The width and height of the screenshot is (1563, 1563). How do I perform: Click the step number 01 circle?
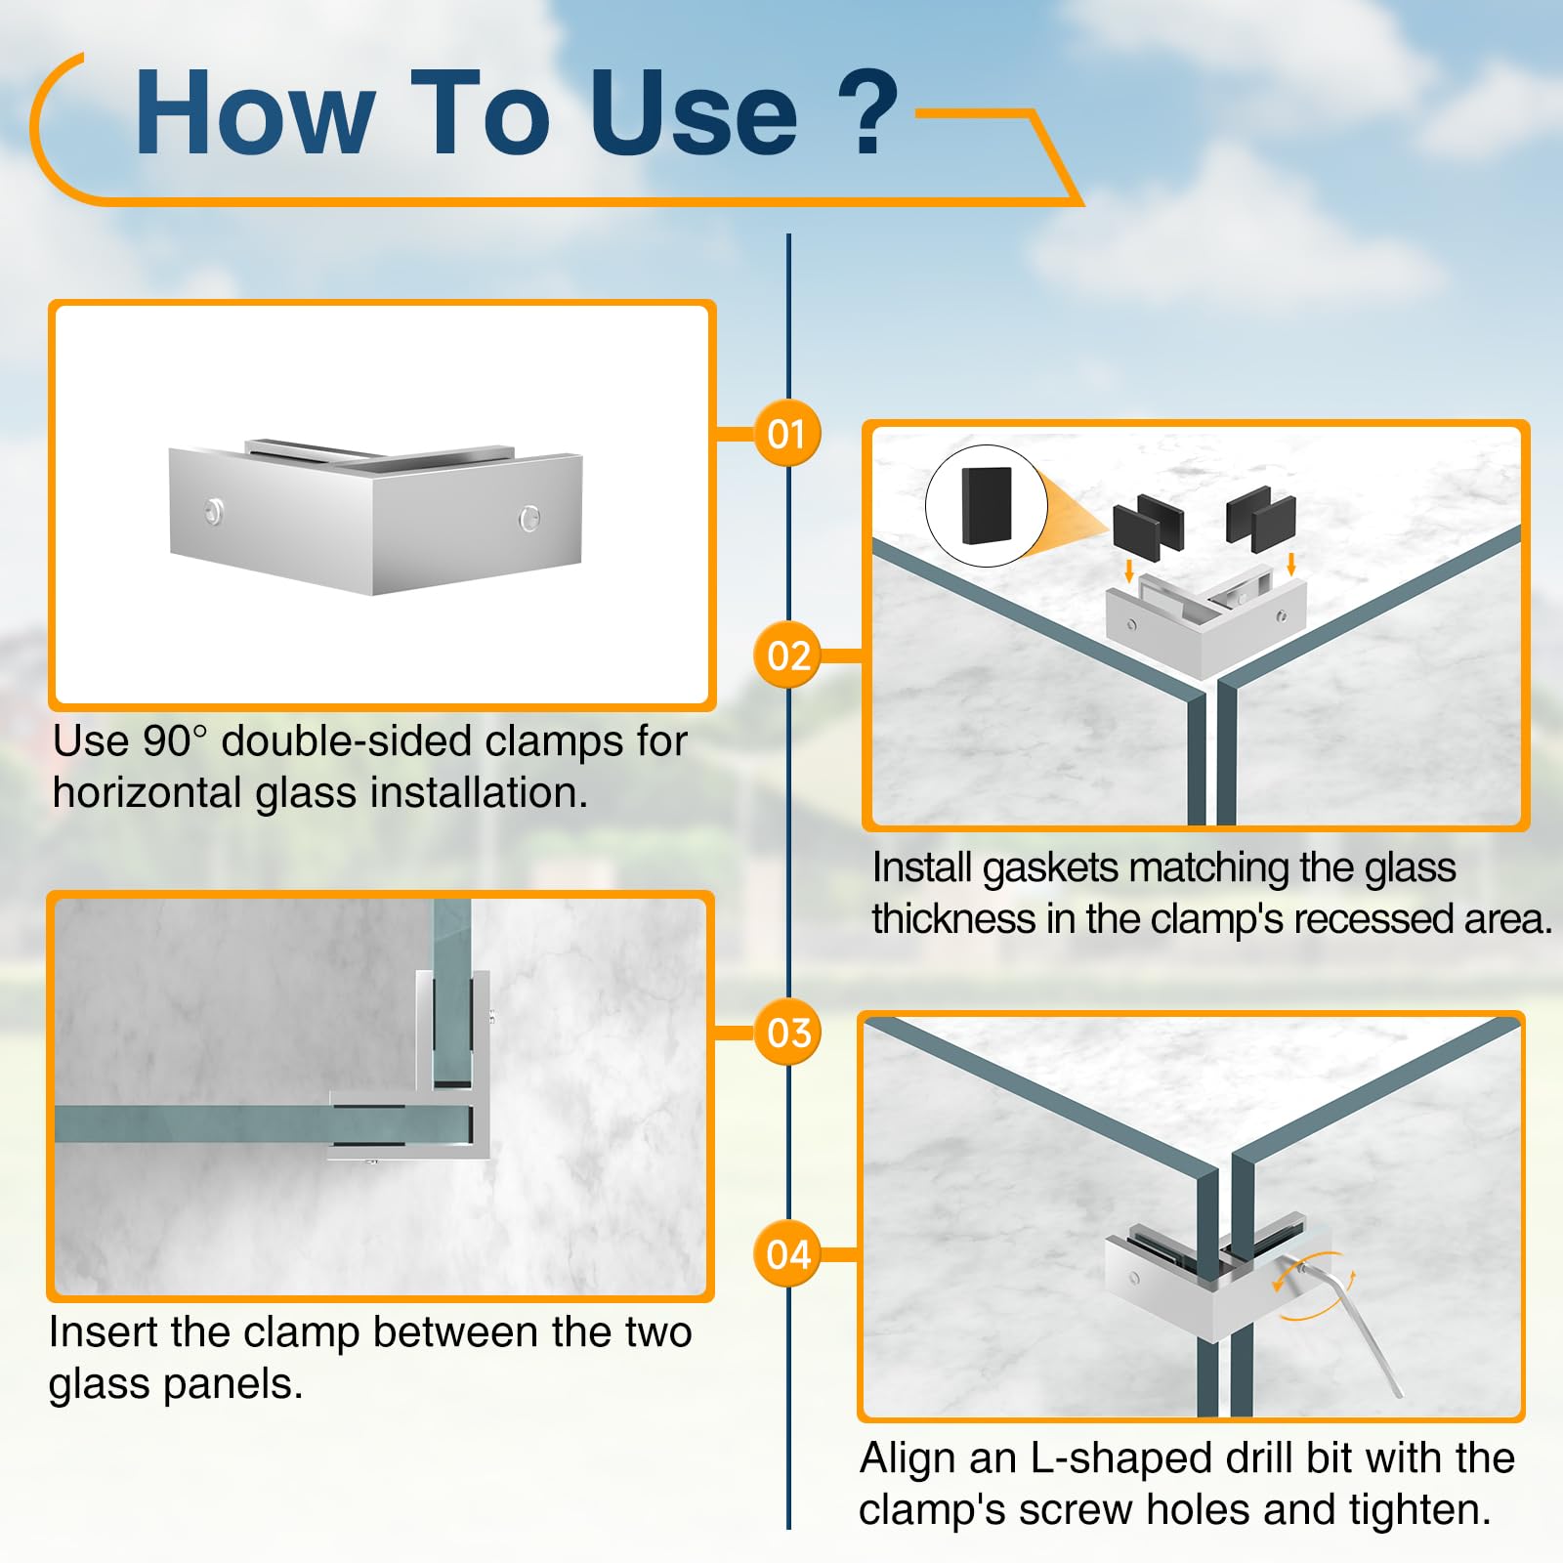click(x=787, y=433)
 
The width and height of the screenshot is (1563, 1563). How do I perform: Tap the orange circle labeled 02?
click(x=787, y=655)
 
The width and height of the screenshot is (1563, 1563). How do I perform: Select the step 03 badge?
click(x=787, y=1033)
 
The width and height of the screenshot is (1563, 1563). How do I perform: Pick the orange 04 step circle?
click(x=787, y=1253)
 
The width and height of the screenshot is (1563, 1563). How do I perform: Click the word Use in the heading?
click(x=694, y=112)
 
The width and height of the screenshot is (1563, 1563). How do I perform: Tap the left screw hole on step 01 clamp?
click(x=213, y=511)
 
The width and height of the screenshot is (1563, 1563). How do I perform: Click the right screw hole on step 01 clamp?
click(x=528, y=518)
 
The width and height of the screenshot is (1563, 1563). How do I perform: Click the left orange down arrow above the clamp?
click(x=1129, y=570)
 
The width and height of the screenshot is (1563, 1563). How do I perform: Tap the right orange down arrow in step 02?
click(x=1291, y=564)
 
